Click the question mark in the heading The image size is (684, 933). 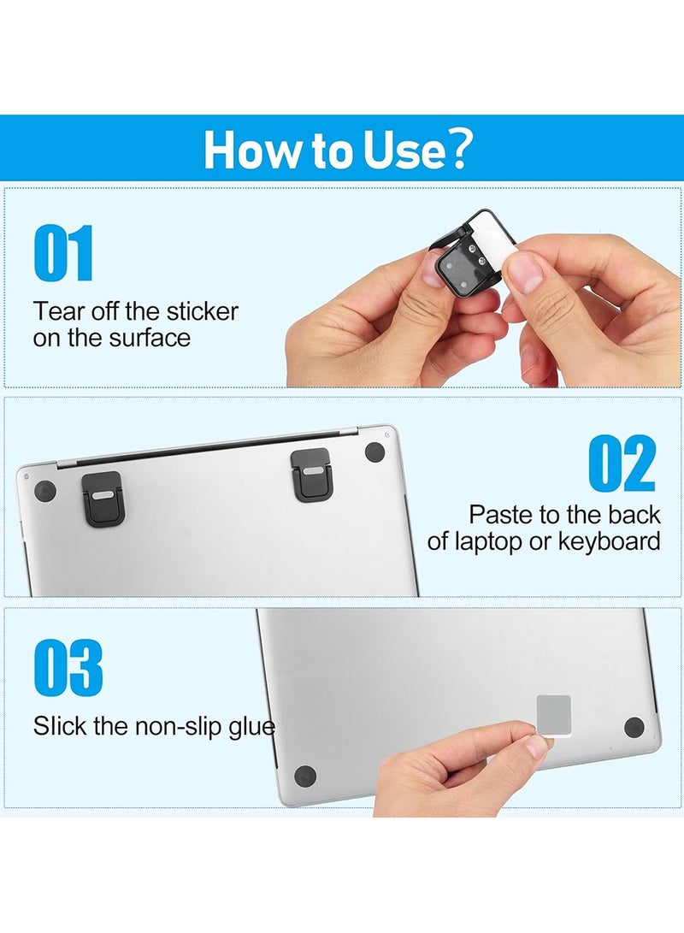[x=458, y=150]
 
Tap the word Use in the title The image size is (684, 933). [x=404, y=150]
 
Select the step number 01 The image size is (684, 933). [x=63, y=253]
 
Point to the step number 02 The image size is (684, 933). [x=622, y=464]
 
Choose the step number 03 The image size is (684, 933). [x=68, y=668]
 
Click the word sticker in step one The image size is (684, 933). [x=203, y=311]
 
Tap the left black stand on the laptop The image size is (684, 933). [x=103, y=499]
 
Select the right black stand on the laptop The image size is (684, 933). [x=311, y=474]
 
